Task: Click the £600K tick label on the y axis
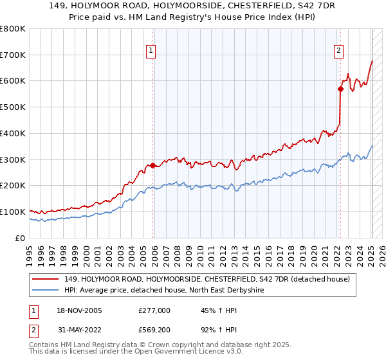click(x=13, y=81)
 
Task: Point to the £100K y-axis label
click(x=13, y=212)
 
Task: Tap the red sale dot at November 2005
click(x=153, y=165)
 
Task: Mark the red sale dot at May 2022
click(x=341, y=89)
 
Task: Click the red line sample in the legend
click(x=46, y=279)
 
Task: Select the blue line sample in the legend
click(x=46, y=290)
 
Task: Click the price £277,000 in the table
click(x=154, y=310)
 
